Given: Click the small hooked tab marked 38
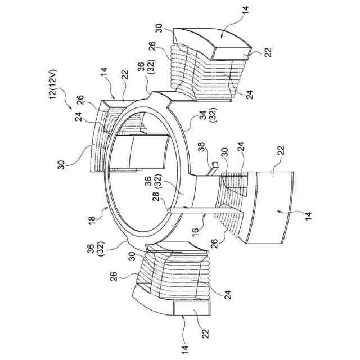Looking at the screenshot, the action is click(x=214, y=166).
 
